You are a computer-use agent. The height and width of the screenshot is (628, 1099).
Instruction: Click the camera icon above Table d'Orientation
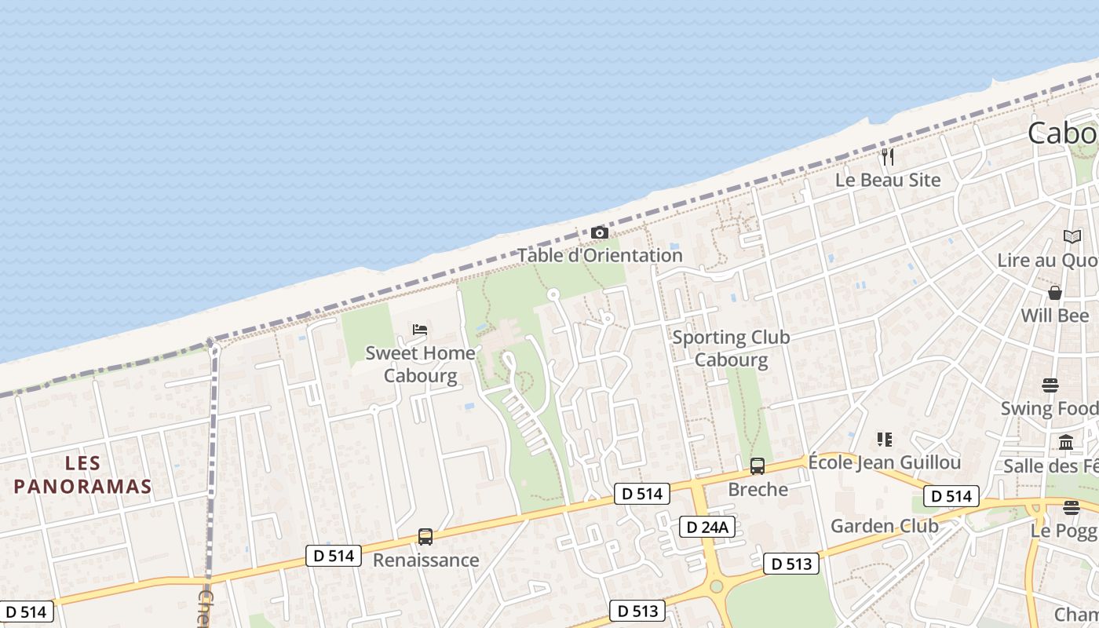click(600, 232)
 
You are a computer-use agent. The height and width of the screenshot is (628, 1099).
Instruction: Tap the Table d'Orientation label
click(600, 255)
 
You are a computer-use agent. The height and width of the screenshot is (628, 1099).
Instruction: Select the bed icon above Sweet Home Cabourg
click(420, 330)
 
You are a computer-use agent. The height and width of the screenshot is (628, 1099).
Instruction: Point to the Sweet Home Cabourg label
click(421, 364)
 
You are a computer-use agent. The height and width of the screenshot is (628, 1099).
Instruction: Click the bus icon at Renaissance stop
click(425, 537)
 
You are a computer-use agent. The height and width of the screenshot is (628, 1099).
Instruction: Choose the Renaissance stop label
click(425, 560)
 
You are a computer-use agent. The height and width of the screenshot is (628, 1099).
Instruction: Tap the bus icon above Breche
click(758, 466)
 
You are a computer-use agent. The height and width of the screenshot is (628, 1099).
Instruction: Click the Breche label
click(758, 489)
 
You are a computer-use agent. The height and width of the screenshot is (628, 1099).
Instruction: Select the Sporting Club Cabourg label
click(731, 349)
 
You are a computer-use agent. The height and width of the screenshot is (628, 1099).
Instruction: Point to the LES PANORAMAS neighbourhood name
click(82, 474)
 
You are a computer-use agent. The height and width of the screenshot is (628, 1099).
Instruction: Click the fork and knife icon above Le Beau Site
click(888, 156)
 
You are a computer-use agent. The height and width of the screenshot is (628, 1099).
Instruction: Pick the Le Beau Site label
click(887, 180)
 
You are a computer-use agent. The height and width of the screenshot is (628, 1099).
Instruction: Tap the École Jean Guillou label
click(884, 462)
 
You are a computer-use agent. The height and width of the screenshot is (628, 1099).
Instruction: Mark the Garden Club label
click(884, 525)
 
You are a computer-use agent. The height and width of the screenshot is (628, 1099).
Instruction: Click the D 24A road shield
click(706, 527)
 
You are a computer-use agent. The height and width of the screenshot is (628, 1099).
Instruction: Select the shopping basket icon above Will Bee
click(1055, 293)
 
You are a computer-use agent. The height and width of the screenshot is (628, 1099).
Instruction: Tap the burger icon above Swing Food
click(1050, 385)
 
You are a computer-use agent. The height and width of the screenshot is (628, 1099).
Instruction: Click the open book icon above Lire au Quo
click(1072, 236)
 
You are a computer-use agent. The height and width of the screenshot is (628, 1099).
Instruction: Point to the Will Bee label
click(1055, 316)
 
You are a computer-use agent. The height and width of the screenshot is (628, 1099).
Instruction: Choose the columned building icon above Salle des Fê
click(1066, 443)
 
